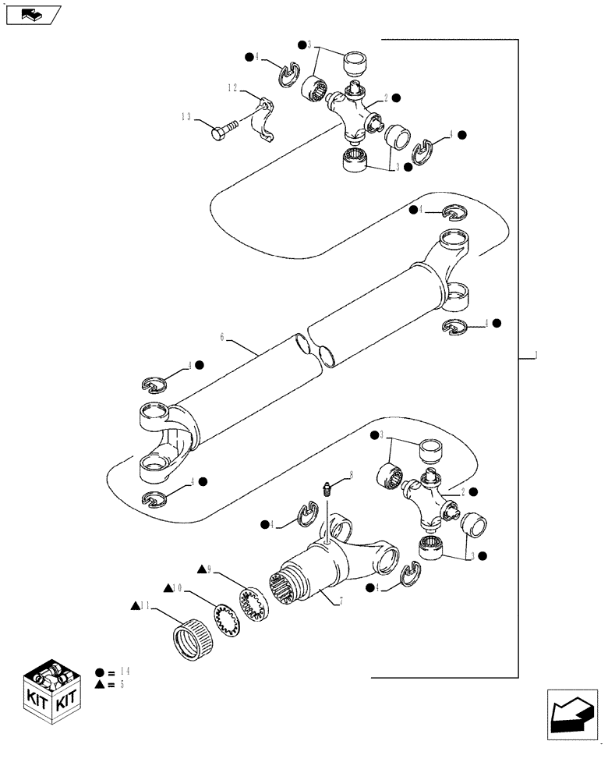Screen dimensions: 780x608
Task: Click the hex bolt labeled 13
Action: pyautogui.click(x=224, y=132)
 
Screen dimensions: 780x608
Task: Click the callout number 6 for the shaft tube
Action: pyautogui.click(x=222, y=337)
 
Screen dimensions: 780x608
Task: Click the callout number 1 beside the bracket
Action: pyautogui.click(x=536, y=356)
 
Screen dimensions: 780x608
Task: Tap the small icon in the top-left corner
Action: pyautogui.click(x=31, y=13)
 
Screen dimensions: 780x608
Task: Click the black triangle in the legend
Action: pyautogui.click(x=99, y=685)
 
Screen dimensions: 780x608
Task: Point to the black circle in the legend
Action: pyautogui.click(x=99, y=672)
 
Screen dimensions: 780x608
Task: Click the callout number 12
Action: pyautogui.click(x=232, y=89)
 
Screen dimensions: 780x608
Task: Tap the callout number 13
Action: pyautogui.click(x=186, y=117)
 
